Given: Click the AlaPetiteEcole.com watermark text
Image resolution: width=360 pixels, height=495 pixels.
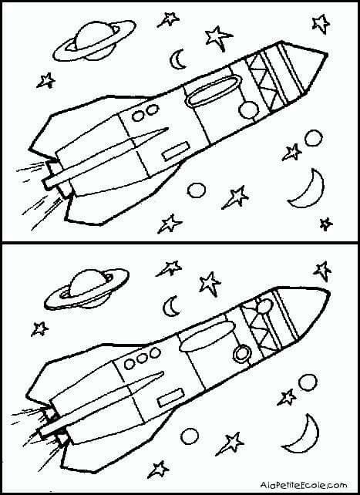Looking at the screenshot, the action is pyautogui.click(x=304, y=484).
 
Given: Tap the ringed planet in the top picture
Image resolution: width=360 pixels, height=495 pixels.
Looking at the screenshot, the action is pyautogui.click(x=94, y=40).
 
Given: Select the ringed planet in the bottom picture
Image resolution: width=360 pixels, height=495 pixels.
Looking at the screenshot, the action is pyautogui.click(x=86, y=288).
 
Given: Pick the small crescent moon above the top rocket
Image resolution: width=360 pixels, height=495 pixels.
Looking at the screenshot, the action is pyautogui.click(x=177, y=59).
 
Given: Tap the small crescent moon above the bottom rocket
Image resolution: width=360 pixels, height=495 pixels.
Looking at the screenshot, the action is pyautogui.click(x=169, y=307).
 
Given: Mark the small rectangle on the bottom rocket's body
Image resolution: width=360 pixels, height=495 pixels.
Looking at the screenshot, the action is pyautogui.click(x=171, y=397).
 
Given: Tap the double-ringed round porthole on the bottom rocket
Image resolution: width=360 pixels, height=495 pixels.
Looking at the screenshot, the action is pyautogui.click(x=242, y=353).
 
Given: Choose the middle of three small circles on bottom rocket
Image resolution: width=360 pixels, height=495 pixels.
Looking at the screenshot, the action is pyautogui.click(x=142, y=358).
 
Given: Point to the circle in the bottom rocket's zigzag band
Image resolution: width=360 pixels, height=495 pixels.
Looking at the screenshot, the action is pyautogui.click(x=264, y=305).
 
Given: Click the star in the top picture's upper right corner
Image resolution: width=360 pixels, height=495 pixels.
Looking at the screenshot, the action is pyautogui.click(x=321, y=23).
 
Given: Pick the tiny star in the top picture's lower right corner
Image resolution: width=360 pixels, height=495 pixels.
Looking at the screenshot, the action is pyautogui.click(x=325, y=224).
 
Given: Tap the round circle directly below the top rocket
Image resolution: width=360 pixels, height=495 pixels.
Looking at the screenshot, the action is pyautogui.click(x=197, y=190).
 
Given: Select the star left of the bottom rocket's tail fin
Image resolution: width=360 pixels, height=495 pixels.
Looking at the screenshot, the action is pyautogui.click(x=39, y=329).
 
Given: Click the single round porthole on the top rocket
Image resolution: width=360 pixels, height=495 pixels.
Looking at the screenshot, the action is pyautogui.click(x=249, y=110).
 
